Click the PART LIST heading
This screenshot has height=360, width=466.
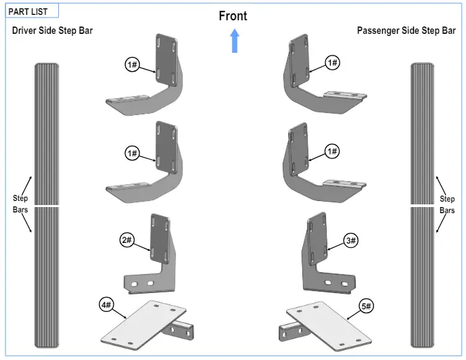(x=28, y=12)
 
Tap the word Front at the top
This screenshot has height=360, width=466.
(x=233, y=16)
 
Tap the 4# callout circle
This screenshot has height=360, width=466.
(x=107, y=306)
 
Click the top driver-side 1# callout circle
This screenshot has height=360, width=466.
(x=132, y=65)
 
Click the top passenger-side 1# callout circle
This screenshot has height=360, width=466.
(x=331, y=63)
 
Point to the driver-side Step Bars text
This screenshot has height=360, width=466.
(x=20, y=204)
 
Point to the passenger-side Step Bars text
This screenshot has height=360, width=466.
(x=447, y=204)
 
